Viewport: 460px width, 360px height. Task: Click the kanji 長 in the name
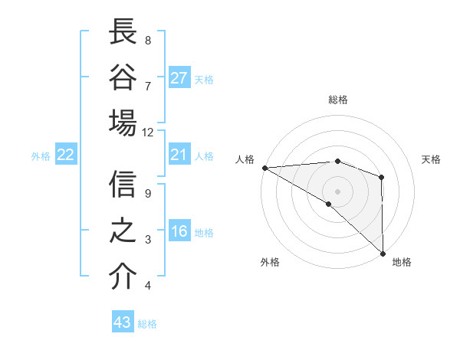(x=123, y=32)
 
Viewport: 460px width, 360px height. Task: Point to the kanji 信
(x=123, y=185)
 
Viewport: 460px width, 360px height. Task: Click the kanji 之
(x=123, y=231)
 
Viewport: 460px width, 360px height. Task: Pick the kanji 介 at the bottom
(x=123, y=277)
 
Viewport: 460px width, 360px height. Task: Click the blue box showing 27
(x=179, y=77)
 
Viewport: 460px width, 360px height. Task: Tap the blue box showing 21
(x=179, y=155)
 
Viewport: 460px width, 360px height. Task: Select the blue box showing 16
(x=179, y=232)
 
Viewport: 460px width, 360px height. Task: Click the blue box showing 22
(x=66, y=155)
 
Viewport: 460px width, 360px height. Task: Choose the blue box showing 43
(x=123, y=322)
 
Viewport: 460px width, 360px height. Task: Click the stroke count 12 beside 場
(x=148, y=132)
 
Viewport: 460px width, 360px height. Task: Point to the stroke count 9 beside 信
(x=148, y=193)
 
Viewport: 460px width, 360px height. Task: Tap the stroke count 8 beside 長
(x=148, y=40)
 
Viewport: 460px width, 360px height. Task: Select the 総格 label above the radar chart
(x=337, y=100)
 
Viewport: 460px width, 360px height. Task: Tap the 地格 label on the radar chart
(x=402, y=263)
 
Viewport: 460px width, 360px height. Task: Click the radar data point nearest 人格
(x=264, y=168)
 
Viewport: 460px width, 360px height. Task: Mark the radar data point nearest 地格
(x=382, y=254)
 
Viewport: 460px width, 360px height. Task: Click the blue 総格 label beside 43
(x=147, y=324)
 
